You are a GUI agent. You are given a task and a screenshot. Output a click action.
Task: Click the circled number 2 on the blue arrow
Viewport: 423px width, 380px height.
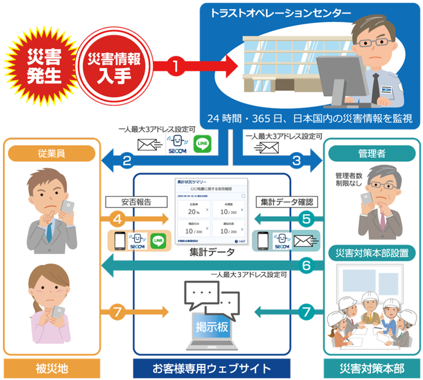point(127,162)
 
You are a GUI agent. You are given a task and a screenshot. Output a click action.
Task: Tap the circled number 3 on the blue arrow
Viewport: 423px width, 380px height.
point(296,162)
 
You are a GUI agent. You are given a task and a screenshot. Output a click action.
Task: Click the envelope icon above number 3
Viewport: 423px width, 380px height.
point(269,148)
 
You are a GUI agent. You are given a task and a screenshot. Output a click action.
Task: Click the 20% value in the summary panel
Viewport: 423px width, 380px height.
point(191,213)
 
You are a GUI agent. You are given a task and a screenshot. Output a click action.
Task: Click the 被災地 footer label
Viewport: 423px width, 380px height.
point(52,368)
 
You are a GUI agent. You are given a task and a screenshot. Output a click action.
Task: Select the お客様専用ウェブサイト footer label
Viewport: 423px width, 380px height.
point(211,368)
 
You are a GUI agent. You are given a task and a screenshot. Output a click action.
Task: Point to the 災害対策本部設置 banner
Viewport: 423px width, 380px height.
point(372,253)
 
